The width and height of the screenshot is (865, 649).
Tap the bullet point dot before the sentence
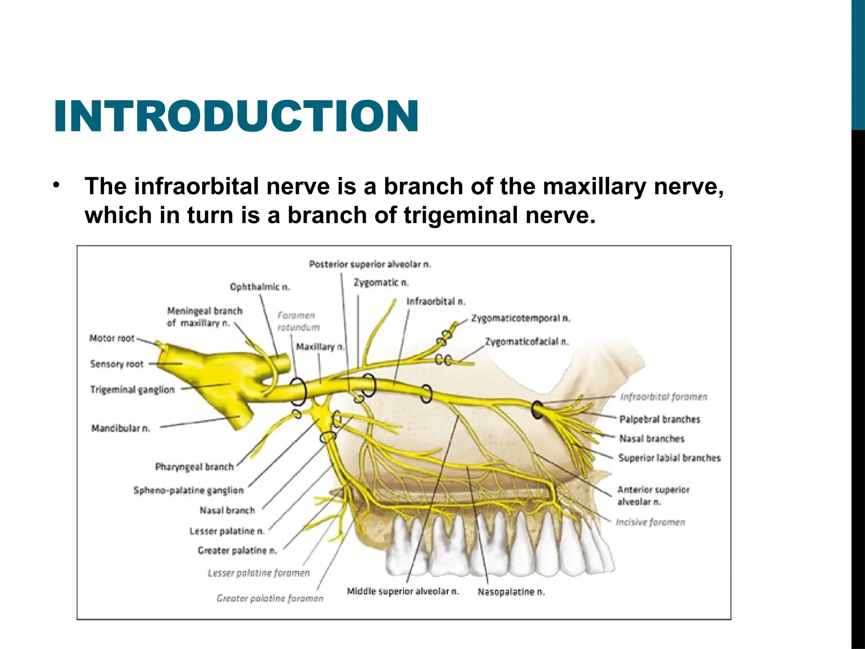(x=56, y=185)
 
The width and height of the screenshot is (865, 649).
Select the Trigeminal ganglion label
(x=132, y=390)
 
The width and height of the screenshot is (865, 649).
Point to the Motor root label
(x=112, y=338)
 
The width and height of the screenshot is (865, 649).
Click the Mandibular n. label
(x=121, y=428)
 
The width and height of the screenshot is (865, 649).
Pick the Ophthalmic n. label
(x=260, y=287)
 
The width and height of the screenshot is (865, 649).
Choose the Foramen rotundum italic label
(x=298, y=321)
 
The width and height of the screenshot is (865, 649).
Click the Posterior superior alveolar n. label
(x=370, y=265)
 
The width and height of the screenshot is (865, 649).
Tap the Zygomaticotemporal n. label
(x=520, y=318)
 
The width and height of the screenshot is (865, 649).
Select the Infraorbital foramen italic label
(x=664, y=397)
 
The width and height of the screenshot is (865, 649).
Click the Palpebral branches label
(x=660, y=419)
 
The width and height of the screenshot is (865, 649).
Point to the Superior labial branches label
(x=669, y=458)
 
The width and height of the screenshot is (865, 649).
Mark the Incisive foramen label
(x=650, y=522)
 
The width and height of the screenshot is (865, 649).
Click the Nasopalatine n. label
(x=511, y=592)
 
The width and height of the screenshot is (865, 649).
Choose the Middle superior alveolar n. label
(x=403, y=591)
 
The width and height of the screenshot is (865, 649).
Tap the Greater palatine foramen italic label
(x=270, y=598)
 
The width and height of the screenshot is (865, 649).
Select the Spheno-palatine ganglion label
(x=188, y=491)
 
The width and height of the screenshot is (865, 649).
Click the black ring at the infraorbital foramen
(x=537, y=409)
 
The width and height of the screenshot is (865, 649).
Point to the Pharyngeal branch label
(x=194, y=467)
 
